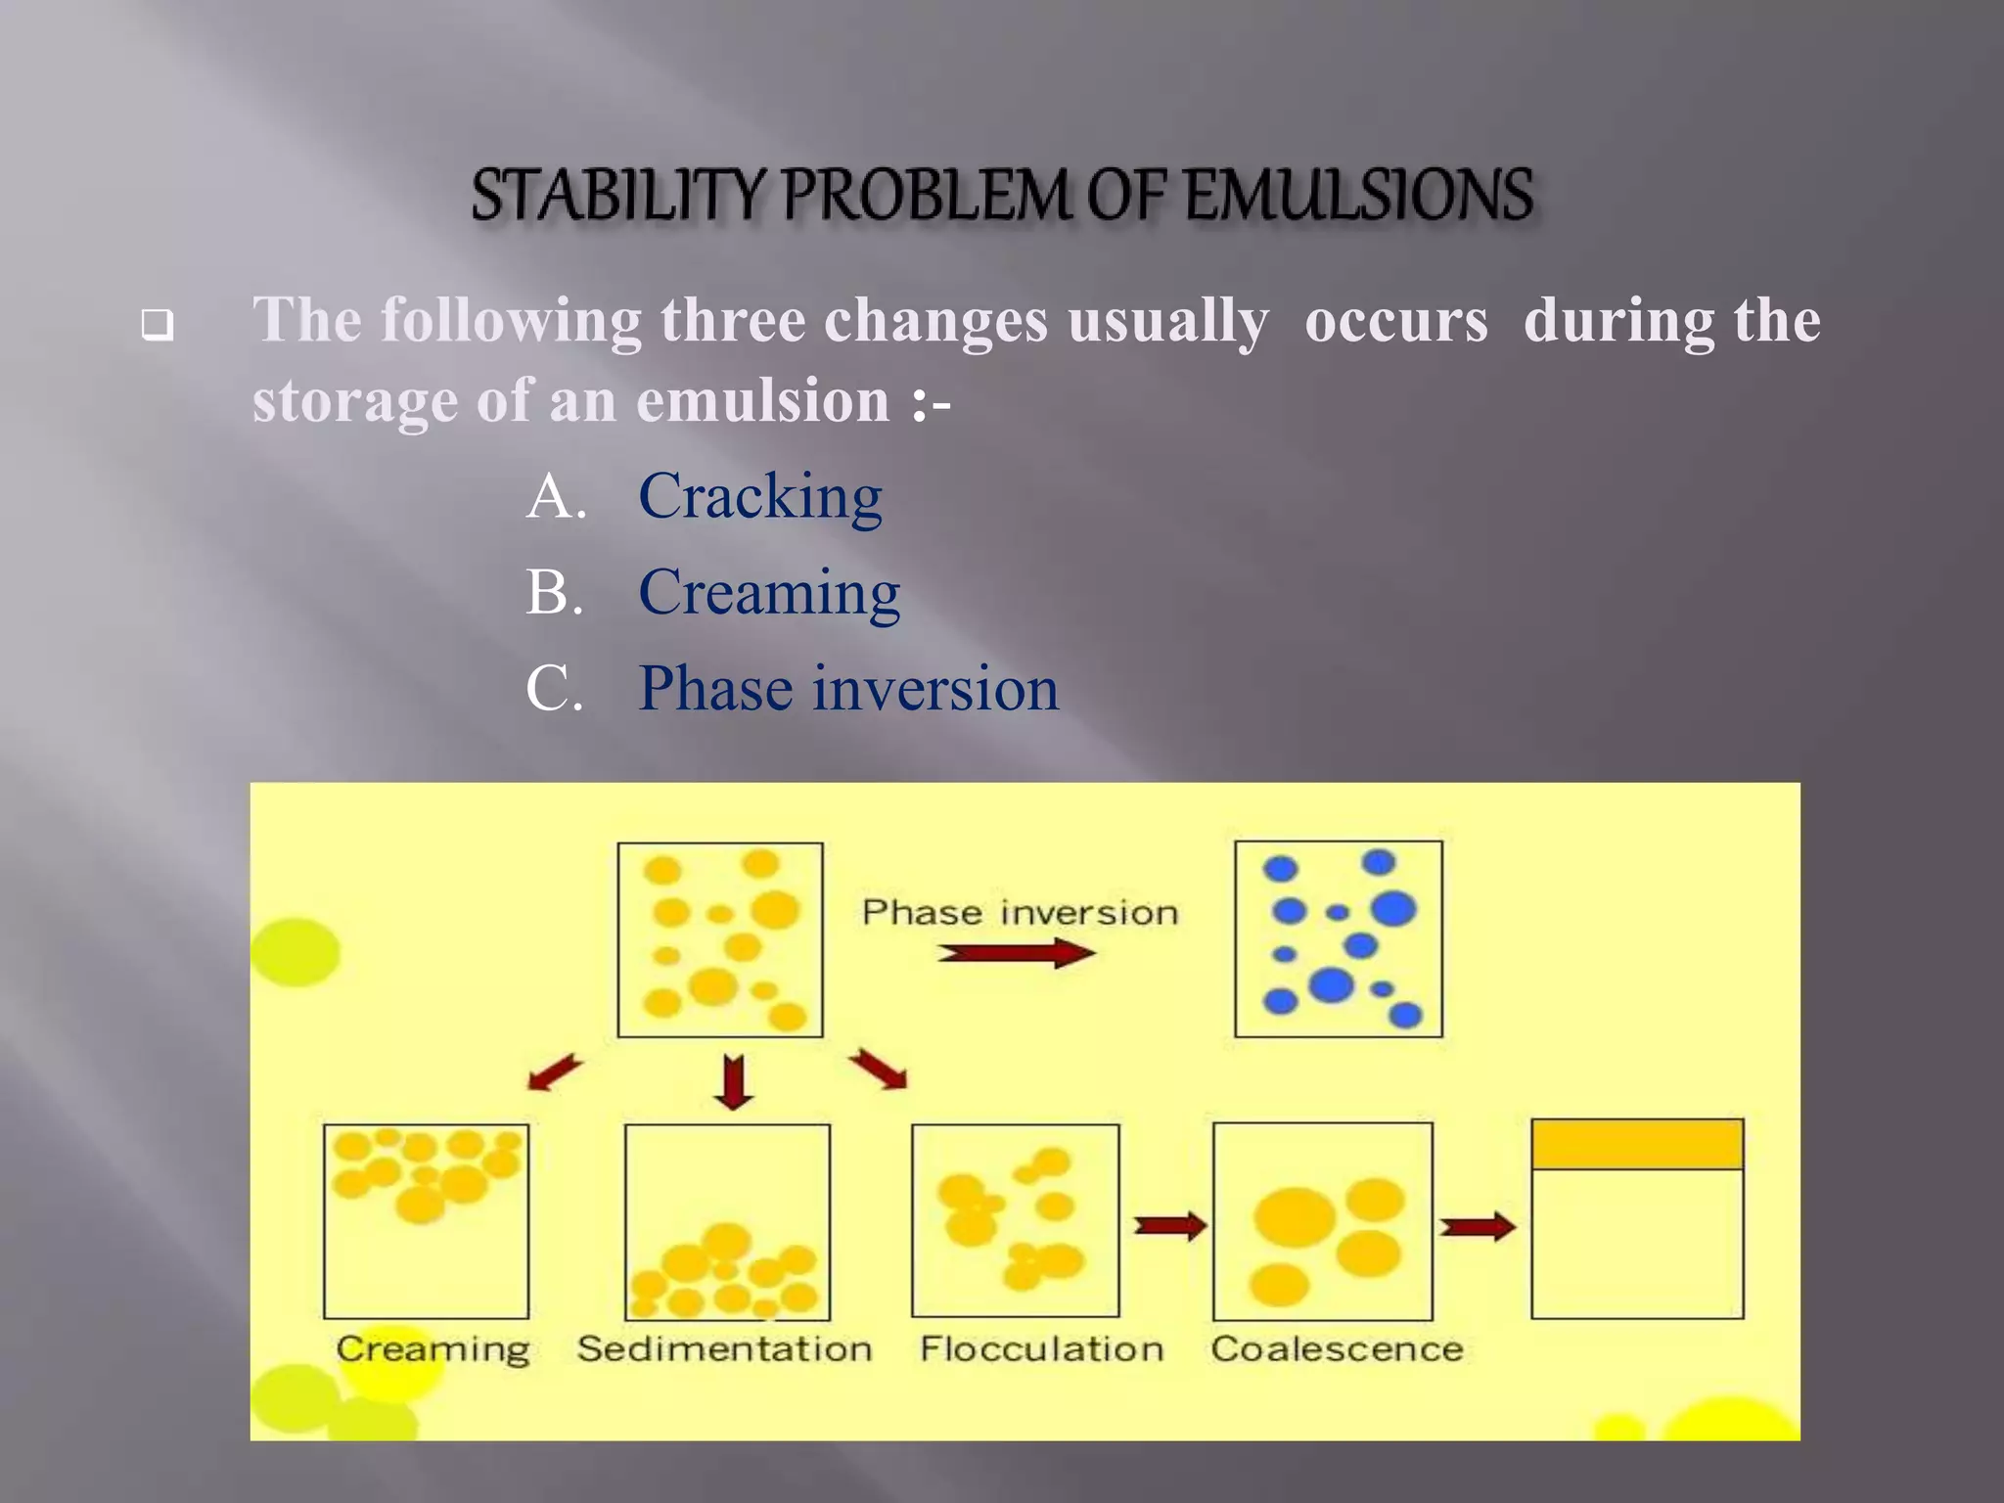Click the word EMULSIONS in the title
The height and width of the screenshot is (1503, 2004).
(x=1358, y=195)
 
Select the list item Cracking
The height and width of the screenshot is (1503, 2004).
(x=759, y=496)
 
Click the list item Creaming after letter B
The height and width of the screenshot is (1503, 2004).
(x=769, y=592)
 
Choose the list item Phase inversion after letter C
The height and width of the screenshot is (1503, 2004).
(x=848, y=688)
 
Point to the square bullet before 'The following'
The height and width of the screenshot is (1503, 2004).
(x=157, y=324)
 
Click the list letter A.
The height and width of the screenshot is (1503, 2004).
(x=556, y=496)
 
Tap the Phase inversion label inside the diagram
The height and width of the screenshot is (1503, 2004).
(x=1020, y=912)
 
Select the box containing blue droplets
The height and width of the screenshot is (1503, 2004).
(x=1338, y=938)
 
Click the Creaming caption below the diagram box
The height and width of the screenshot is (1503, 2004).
(x=433, y=1349)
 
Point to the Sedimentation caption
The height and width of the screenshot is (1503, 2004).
(x=724, y=1349)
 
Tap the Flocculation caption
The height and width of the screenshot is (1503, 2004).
(x=1042, y=1349)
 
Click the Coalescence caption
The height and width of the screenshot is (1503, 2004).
(x=1337, y=1349)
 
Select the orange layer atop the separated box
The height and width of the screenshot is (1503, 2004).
(x=1637, y=1145)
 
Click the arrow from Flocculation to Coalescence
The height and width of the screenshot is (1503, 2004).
(x=1168, y=1225)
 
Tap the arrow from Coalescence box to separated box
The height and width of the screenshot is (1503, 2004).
(x=1476, y=1226)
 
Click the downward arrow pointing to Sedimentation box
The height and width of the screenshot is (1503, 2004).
(x=733, y=1081)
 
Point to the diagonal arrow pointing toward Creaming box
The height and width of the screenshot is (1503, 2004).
(x=555, y=1072)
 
